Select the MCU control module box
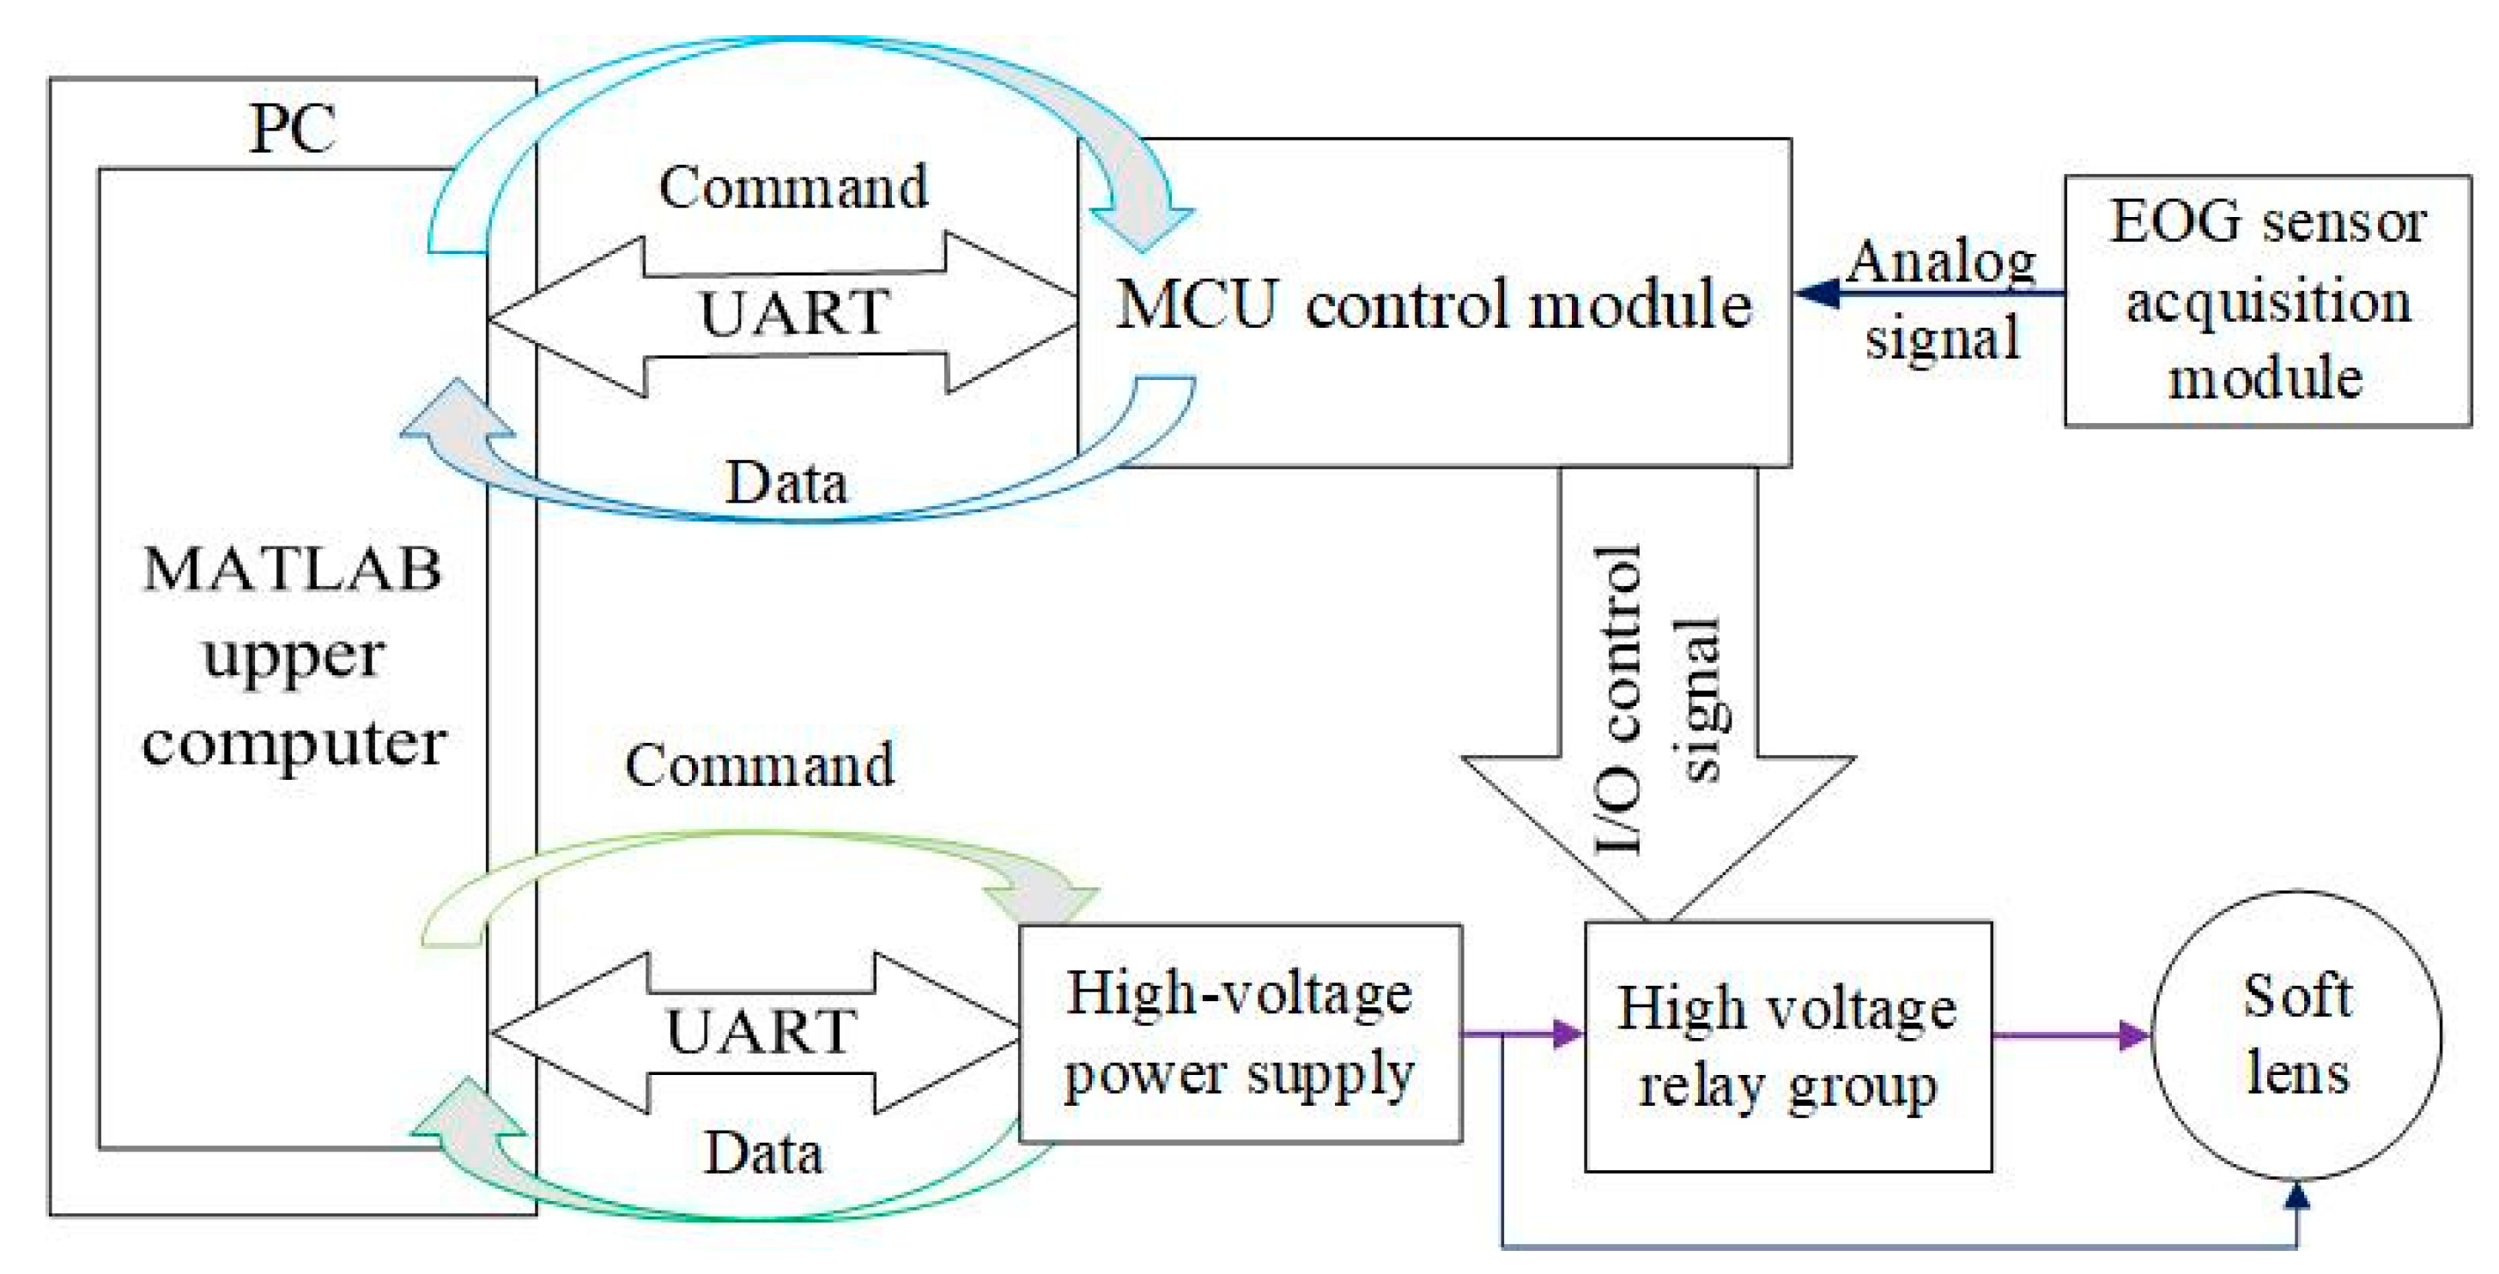1434,303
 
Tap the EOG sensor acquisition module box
2266,299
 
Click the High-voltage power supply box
1239,1034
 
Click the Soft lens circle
2296,1035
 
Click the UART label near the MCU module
793,312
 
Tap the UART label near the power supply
761,1030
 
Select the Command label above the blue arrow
792,186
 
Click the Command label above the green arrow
759,765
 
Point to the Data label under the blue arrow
785,482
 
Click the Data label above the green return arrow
763,1153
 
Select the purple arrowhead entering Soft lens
2134,1035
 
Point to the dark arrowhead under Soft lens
2296,1194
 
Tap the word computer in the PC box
294,745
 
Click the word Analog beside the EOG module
1940,262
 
